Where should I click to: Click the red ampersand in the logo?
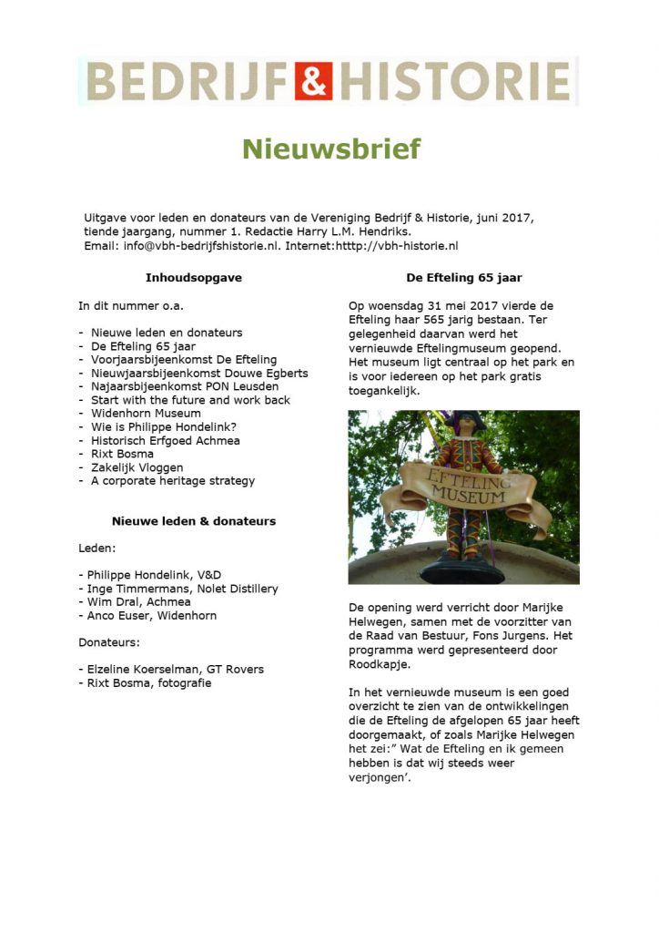point(313,81)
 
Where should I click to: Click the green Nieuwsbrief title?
point(331,149)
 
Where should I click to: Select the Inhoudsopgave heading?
point(194,278)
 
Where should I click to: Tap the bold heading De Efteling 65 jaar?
point(463,278)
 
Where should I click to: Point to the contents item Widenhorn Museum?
point(146,413)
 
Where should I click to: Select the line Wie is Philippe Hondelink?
point(163,426)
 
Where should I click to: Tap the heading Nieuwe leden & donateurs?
point(194,521)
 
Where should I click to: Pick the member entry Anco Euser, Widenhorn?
point(152,615)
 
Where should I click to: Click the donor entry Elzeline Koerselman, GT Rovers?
point(174,669)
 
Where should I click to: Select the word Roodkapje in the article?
point(376,664)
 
